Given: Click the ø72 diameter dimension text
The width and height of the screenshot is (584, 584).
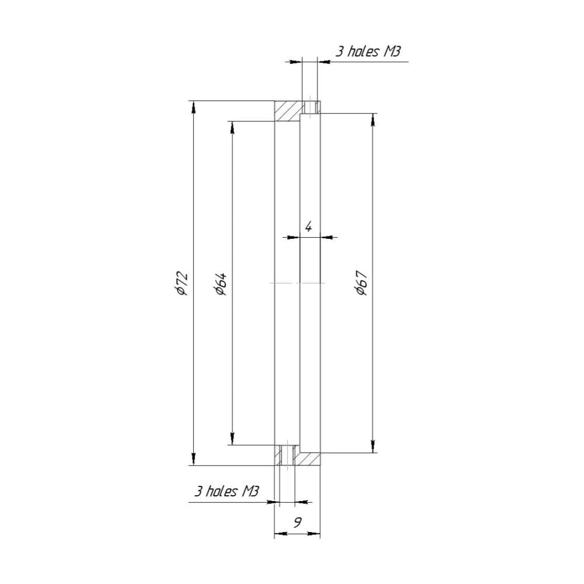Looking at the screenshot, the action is click(x=182, y=283).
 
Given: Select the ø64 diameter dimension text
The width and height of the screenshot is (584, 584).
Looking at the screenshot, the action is click(x=221, y=284).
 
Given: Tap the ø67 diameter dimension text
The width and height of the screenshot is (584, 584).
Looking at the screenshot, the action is click(x=362, y=283).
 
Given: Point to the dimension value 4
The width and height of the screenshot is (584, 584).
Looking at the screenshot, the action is click(x=308, y=226).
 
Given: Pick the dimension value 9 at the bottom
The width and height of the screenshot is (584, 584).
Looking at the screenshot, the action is click(x=297, y=523).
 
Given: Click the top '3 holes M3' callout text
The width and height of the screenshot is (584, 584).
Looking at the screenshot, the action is click(x=368, y=51).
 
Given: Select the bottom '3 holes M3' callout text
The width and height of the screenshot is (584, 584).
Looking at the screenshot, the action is click(x=227, y=491).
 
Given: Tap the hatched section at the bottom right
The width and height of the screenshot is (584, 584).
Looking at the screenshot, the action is click(x=307, y=458).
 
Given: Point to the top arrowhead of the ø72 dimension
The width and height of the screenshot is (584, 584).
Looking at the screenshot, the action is click(x=193, y=107).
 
